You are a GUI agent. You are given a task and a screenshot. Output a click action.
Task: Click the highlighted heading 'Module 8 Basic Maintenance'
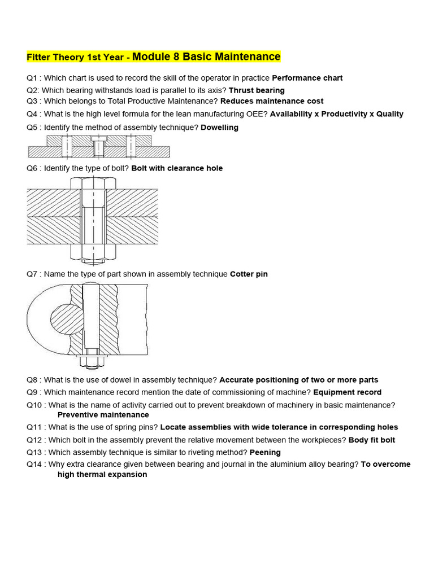206,57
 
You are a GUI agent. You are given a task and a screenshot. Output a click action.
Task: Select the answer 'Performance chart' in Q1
307,78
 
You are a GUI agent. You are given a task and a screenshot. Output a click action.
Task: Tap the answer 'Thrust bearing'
257,90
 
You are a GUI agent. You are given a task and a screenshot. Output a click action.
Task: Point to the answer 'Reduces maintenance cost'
272,101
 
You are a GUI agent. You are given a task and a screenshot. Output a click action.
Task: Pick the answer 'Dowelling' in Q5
220,128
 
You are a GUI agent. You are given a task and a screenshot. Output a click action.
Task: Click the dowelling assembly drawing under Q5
99,146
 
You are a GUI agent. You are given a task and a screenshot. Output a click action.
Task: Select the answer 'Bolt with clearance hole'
177,168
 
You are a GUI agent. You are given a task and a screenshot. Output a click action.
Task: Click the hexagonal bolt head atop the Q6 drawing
93,182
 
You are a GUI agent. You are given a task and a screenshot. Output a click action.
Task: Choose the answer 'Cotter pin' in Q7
249,274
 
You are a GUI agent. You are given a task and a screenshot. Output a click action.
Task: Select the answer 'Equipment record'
347,392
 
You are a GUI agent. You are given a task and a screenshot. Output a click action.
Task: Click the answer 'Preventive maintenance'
103,415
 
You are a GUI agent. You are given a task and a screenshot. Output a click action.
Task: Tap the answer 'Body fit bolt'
372,440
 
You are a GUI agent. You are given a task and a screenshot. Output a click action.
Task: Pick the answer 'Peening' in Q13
265,452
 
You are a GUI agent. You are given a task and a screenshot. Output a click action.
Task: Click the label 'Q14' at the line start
34,465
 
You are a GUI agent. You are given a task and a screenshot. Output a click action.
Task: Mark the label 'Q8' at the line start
32,380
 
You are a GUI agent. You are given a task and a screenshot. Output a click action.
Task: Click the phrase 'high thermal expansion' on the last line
102,475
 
